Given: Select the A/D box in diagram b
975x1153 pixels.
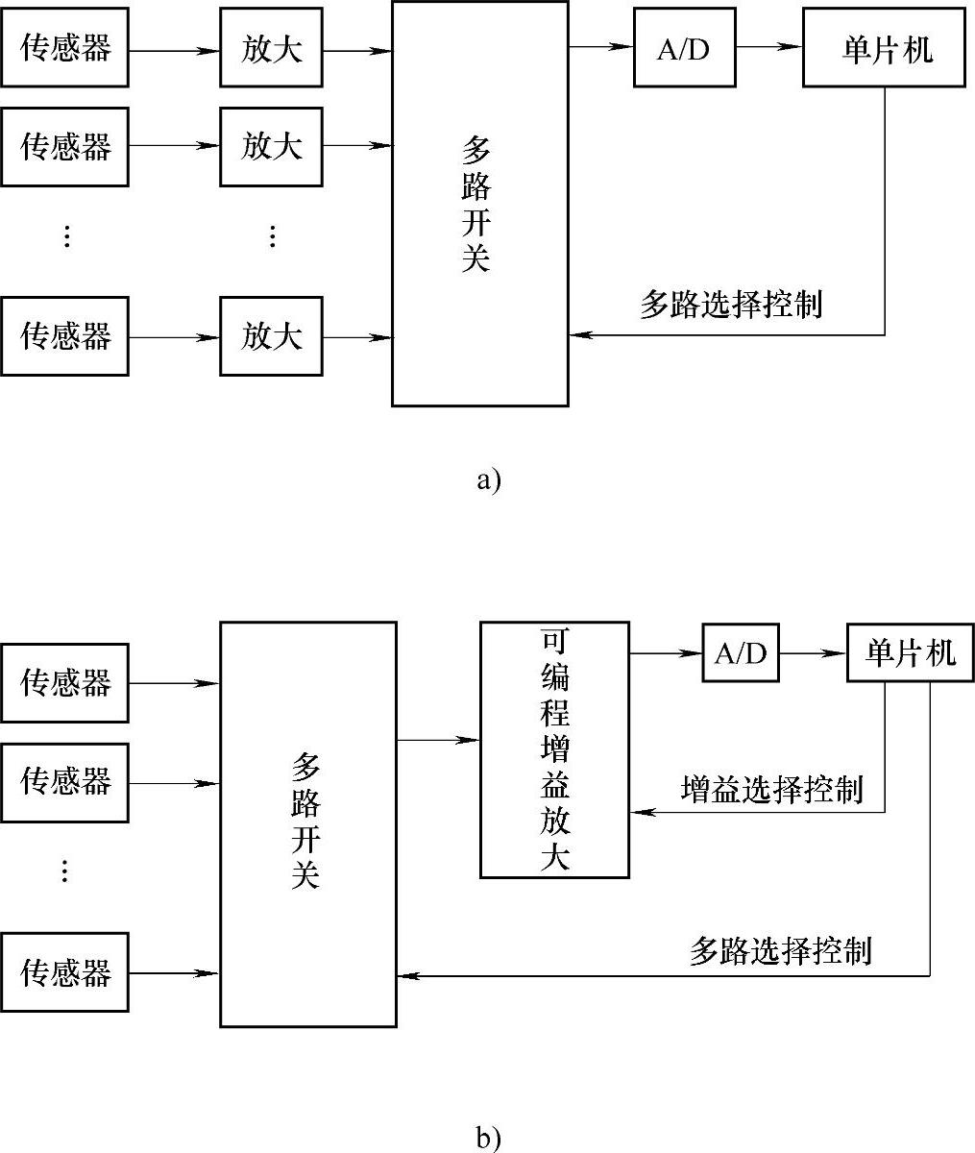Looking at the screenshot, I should tap(740, 653).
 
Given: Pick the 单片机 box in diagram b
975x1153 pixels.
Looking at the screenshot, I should tap(910, 653).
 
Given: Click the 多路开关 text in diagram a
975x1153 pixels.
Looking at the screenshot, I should tap(476, 204).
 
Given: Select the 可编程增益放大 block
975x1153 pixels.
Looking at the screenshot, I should tap(554, 749).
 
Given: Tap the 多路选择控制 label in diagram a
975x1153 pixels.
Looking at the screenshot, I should tap(731, 305).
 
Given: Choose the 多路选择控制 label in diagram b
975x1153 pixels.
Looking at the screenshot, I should tap(780, 950).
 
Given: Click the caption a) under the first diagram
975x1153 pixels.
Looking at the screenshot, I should tap(488, 478).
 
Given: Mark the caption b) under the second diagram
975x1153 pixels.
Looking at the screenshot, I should tap(488, 1139).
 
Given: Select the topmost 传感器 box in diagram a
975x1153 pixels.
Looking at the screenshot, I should tap(65, 48).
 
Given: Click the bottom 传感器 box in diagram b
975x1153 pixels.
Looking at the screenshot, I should tap(65, 972).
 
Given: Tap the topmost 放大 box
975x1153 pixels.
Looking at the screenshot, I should tap(271, 48).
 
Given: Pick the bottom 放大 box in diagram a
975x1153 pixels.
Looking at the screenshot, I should tap(271, 336).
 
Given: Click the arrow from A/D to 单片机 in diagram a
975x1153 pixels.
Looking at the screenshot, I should tap(769, 47).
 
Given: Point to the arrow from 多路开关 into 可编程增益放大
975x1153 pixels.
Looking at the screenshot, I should tap(438, 740).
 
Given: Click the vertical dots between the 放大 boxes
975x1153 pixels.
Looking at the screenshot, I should tap(272, 236).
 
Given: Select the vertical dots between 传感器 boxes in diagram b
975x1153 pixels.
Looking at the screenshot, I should tap(64, 871).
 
